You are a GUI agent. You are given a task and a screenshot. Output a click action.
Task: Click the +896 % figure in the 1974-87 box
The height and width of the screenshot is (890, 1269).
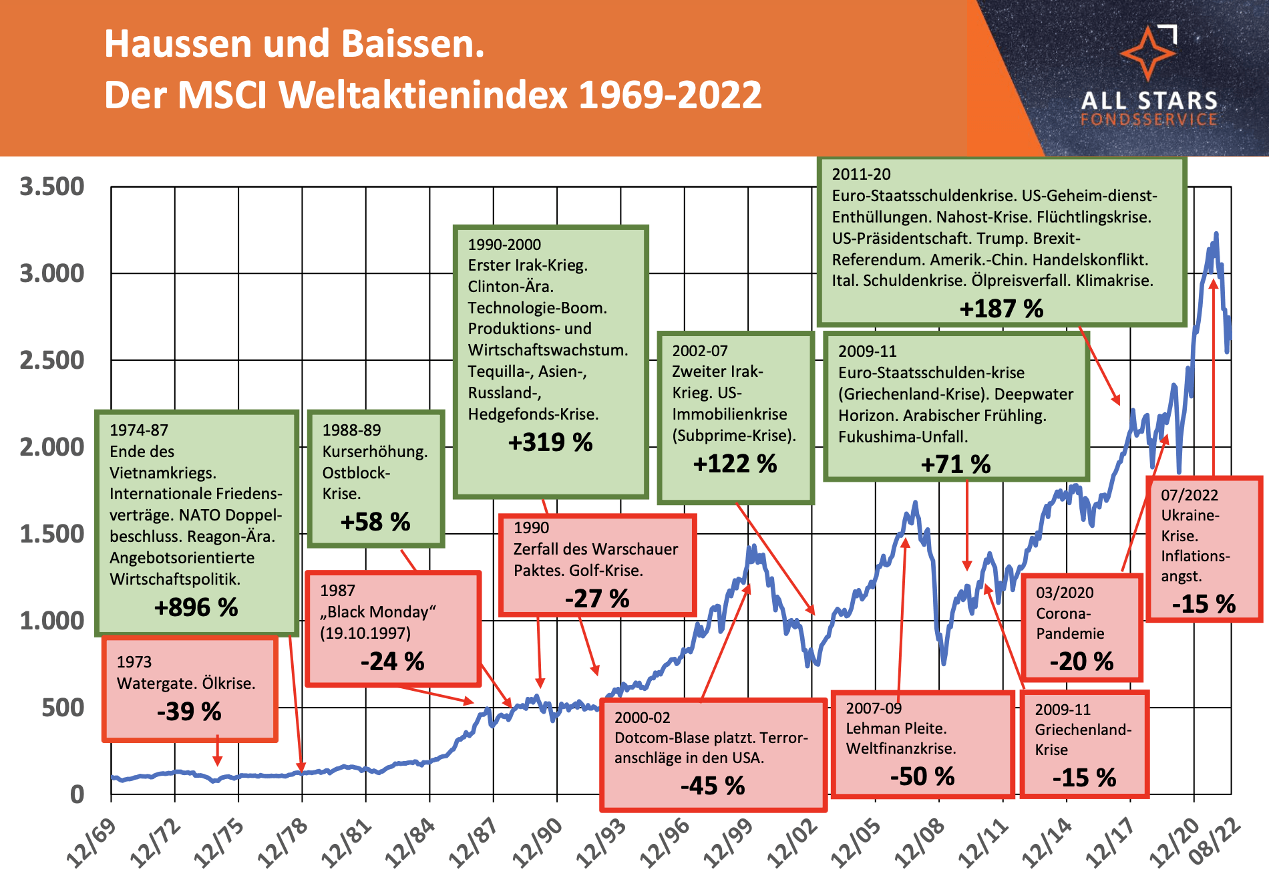196,607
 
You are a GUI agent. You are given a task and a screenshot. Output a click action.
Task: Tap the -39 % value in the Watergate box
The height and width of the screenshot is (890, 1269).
189,712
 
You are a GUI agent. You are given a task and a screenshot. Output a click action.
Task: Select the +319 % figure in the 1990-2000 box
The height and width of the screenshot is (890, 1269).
550,442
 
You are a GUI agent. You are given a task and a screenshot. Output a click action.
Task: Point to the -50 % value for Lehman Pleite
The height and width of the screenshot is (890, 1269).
922,776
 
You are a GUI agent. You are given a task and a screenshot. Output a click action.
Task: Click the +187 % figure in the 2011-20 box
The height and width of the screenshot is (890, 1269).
1001,309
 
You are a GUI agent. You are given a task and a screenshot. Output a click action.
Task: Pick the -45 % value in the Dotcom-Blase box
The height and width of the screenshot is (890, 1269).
713,786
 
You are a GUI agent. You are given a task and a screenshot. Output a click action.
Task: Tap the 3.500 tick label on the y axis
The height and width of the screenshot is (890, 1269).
52,186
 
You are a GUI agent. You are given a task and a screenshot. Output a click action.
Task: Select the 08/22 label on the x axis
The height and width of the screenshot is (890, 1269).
1215,843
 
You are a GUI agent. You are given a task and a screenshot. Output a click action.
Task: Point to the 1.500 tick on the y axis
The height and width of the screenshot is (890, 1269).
52,534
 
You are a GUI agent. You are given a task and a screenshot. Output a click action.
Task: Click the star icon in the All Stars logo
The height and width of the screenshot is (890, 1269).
1148,53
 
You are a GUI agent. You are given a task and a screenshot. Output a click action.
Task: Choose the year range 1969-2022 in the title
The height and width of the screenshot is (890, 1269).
670,95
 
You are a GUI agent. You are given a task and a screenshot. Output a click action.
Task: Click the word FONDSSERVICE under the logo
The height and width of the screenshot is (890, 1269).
1149,120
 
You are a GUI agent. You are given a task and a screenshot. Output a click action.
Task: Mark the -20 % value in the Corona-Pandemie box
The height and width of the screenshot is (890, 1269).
1081,661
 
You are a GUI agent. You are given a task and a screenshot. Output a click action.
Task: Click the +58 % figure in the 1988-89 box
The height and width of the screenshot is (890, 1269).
375,522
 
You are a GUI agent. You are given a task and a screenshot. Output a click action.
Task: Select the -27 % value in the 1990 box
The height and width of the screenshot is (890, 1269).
597,599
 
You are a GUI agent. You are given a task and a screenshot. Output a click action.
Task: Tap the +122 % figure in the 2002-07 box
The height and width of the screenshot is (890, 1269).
735,464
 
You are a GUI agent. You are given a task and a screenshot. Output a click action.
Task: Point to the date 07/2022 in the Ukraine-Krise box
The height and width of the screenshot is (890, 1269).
1190,495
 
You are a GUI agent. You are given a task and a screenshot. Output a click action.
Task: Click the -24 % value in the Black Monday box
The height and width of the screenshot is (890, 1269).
393,661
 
